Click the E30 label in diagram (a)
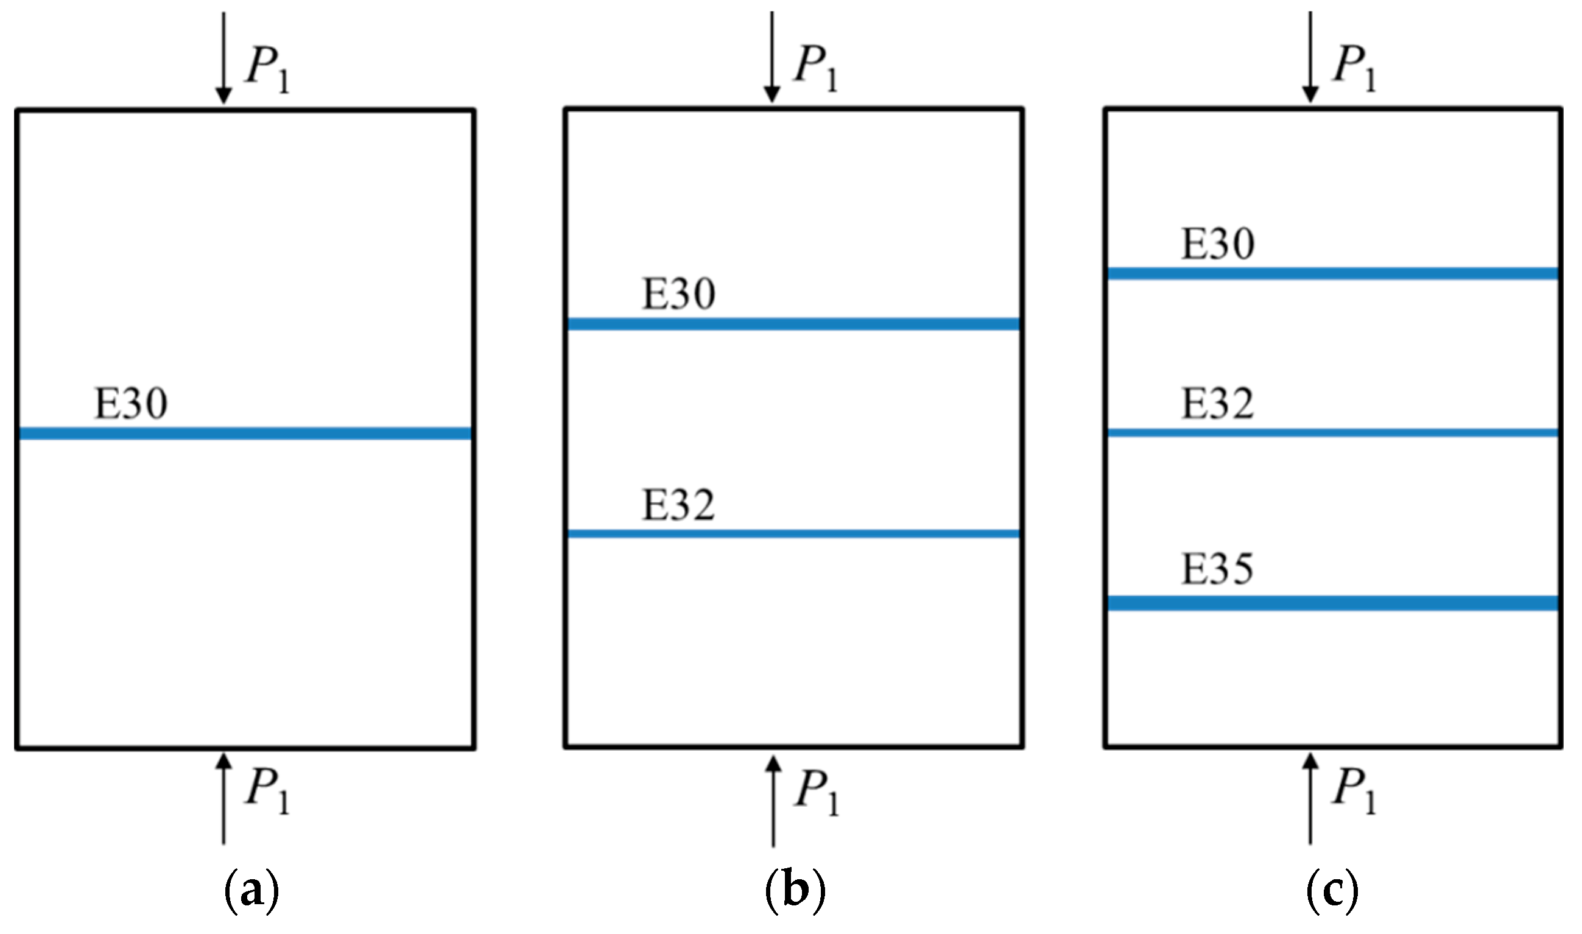click(x=131, y=404)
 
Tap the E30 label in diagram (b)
click(x=678, y=295)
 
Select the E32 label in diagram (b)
click(x=678, y=505)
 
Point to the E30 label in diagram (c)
click(x=1218, y=244)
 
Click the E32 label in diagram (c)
click(x=1218, y=404)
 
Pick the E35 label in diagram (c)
click(x=1218, y=569)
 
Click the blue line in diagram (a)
click(x=245, y=433)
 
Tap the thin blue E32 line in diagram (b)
click(x=793, y=534)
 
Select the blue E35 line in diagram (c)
click(x=1333, y=603)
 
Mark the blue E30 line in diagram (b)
click(x=793, y=323)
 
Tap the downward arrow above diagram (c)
click(x=1310, y=57)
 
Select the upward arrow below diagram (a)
click(x=223, y=799)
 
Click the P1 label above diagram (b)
click(x=815, y=68)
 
